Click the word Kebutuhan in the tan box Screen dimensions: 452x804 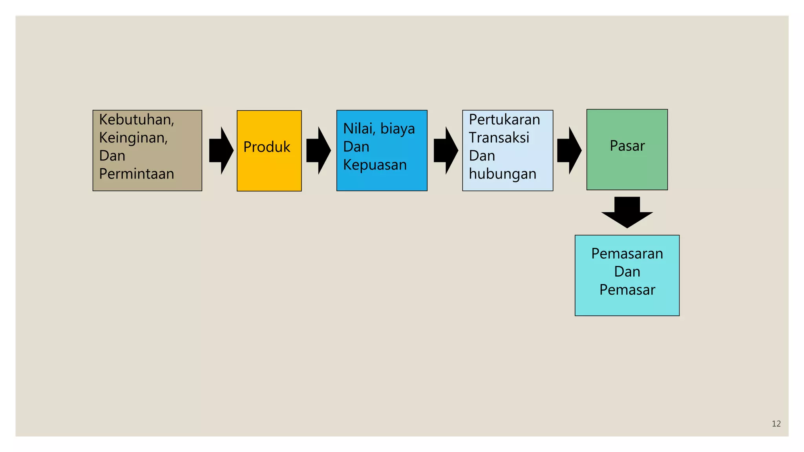point(136,120)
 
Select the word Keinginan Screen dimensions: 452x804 point(133,138)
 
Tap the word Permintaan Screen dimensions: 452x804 point(136,174)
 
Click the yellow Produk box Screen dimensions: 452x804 point(269,151)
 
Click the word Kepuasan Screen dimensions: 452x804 point(375,165)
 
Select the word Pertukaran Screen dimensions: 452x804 point(504,120)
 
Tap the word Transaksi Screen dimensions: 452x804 point(499,138)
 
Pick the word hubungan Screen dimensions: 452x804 point(502,174)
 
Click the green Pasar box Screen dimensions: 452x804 point(627,149)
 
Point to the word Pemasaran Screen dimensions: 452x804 point(627,254)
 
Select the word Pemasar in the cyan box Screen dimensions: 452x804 point(627,290)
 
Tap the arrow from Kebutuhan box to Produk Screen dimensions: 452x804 point(221,151)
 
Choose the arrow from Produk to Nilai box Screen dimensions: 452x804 point(318,151)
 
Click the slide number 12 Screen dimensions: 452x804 point(776,424)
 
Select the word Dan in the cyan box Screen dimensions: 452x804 point(627,272)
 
